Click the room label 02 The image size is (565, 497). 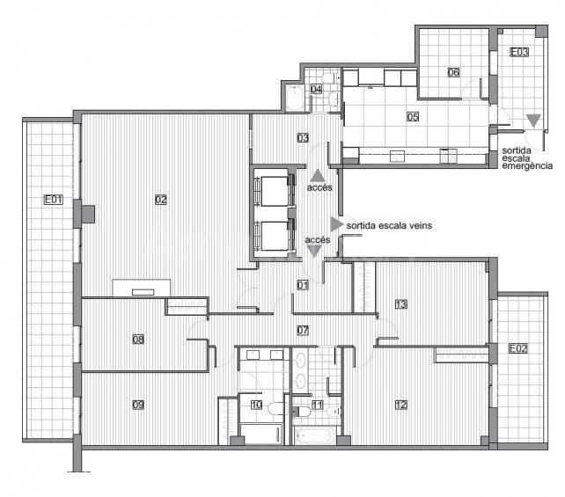(161, 200)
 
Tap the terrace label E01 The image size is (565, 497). (54, 199)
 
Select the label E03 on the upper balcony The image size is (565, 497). (519, 52)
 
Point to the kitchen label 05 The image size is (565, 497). (413, 117)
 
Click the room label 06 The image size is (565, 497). (453, 72)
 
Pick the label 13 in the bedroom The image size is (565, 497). (401, 304)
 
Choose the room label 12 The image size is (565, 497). (401, 405)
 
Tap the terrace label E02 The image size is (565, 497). (517, 348)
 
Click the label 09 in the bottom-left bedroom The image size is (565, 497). (138, 405)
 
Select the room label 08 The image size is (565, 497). (138, 340)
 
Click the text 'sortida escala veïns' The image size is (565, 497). (389, 226)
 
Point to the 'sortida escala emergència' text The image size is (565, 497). (527, 158)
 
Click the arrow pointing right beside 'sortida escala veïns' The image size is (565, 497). (336, 224)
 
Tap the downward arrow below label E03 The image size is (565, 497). (533, 121)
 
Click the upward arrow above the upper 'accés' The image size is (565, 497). (317, 175)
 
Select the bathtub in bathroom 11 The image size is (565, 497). (312, 435)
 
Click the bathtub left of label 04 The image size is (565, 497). (295, 98)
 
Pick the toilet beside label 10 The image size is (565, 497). (275, 408)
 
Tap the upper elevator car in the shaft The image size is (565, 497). (275, 191)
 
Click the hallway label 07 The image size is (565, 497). (303, 330)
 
